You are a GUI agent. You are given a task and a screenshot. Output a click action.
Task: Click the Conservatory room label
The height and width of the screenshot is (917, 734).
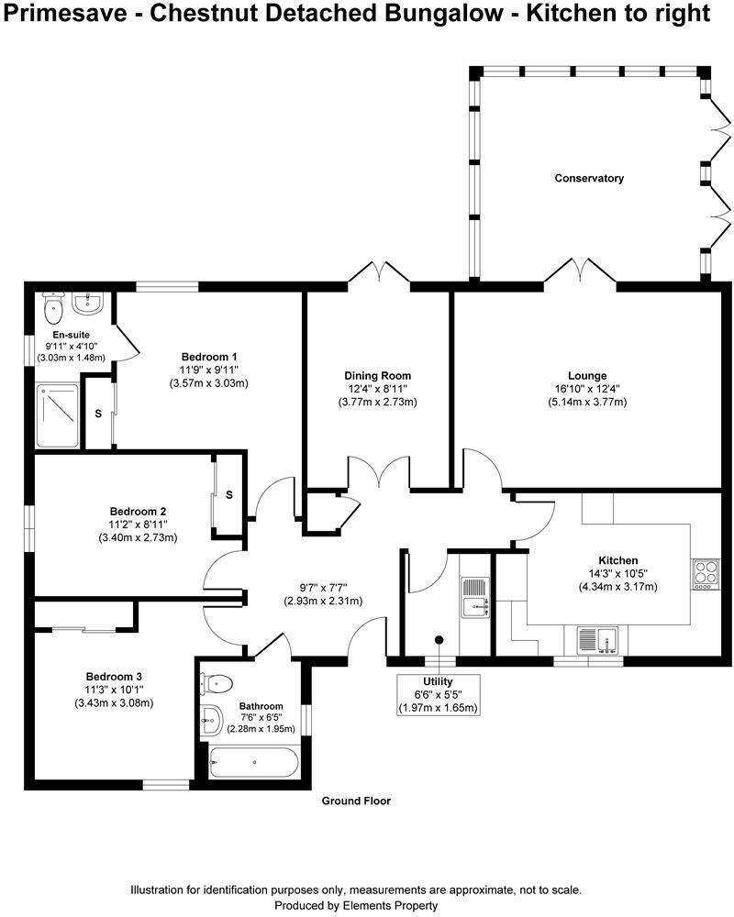point(589,178)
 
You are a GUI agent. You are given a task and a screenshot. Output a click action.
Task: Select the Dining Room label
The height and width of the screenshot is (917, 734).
point(377,375)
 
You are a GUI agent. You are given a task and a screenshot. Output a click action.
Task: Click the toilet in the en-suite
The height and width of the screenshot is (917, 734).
point(54,304)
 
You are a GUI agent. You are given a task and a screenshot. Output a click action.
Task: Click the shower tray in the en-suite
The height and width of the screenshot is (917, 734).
point(58,416)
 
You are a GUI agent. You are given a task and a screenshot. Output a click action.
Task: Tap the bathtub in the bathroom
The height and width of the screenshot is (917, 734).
point(252,763)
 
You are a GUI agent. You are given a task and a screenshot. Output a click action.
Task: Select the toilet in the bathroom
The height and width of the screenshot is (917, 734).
point(218,683)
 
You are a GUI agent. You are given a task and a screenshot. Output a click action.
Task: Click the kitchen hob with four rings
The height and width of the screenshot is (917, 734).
point(706,572)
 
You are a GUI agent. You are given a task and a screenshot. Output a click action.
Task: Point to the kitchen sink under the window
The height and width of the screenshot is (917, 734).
point(600,638)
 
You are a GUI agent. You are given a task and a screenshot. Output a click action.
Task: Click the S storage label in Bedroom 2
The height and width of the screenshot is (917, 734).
point(229,495)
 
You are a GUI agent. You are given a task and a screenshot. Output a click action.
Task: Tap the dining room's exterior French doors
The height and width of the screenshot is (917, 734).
point(380,274)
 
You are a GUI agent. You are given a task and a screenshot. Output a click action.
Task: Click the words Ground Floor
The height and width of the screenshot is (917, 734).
point(356,801)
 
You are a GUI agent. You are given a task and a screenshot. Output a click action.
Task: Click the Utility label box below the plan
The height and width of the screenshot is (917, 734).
point(438,695)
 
